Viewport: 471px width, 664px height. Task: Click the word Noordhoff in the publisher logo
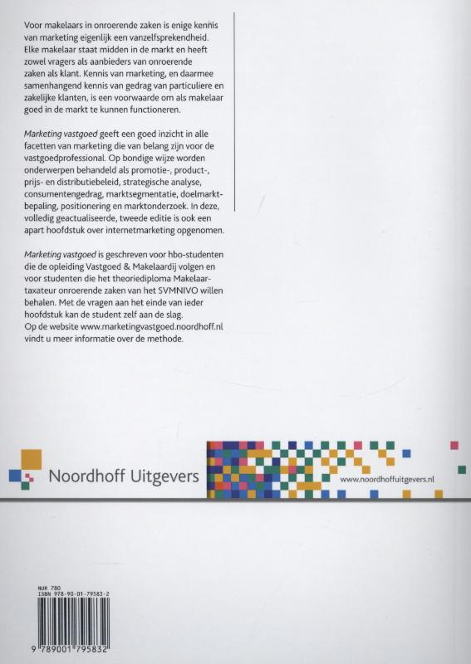coord(89,476)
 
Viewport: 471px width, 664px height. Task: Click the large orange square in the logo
coord(30,459)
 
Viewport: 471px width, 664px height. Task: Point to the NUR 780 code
coord(50,588)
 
